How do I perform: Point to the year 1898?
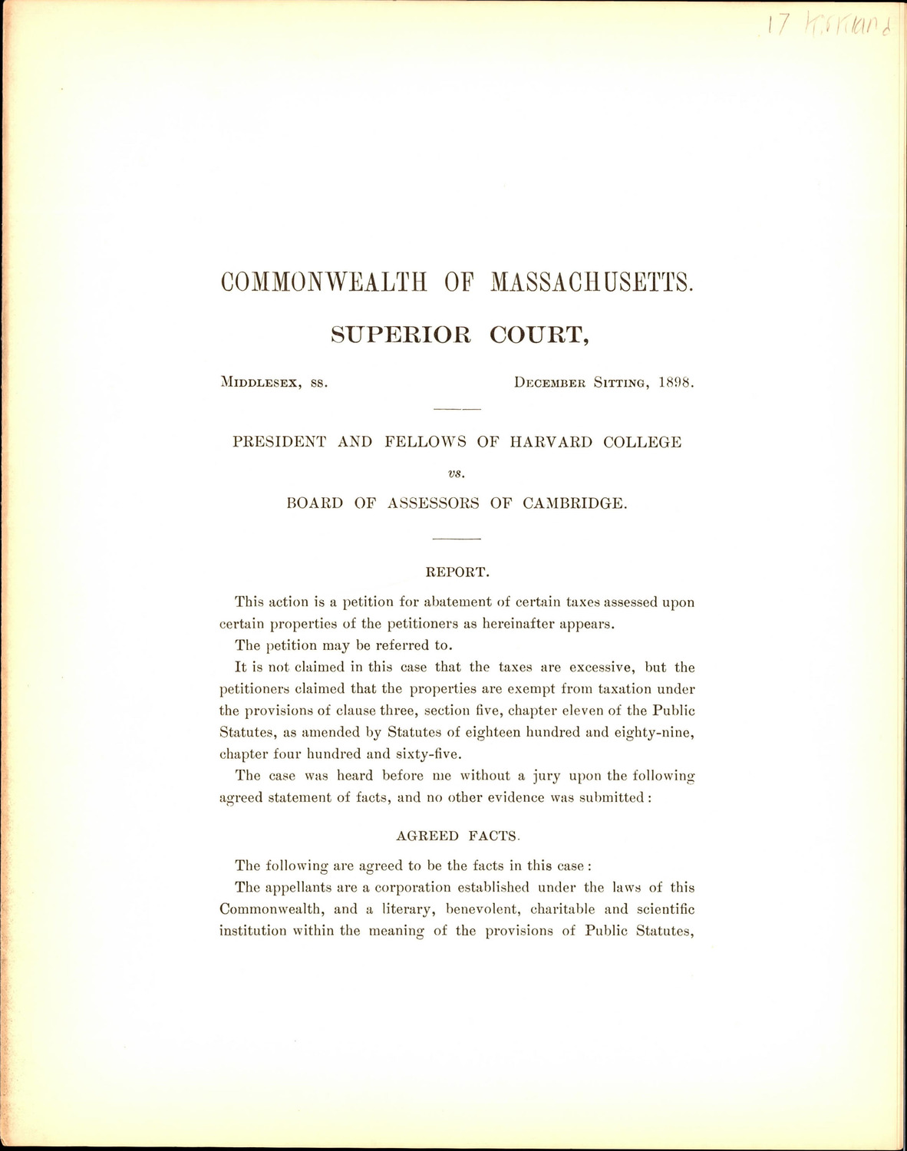(x=676, y=382)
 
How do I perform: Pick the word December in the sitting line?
(x=551, y=382)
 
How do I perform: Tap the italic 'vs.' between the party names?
(x=457, y=473)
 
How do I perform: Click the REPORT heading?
(x=457, y=572)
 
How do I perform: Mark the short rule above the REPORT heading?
(x=457, y=539)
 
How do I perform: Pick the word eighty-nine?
(x=658, y=732)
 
